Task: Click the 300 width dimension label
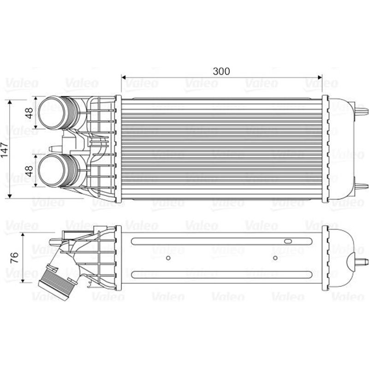(x=221, y=71)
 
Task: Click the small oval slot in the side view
(x=288, y=241)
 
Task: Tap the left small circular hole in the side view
(x=168, y=257)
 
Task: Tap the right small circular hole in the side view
(x=275, y=257)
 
